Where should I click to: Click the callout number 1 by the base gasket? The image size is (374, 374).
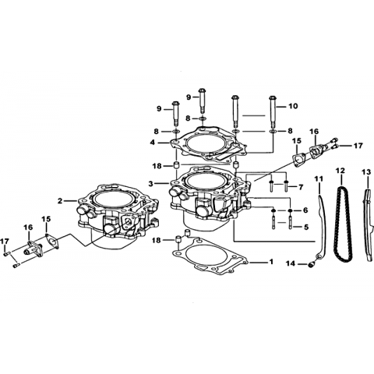(x=271, y=262)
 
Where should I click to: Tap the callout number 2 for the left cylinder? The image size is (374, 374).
(x=60, y=201)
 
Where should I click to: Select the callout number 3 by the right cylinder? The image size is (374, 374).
(x=151, y=184)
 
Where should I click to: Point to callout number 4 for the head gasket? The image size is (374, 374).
(x=153, y=143)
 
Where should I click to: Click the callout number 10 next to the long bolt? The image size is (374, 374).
(x=293, y=106)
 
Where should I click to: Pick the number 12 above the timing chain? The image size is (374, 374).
(x=340, y=171)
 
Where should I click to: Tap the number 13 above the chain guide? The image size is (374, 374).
(x=367, y=172)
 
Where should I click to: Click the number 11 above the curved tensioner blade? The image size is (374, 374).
(x=319, y=178)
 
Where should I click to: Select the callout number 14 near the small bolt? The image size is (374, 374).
(x=291, y=264)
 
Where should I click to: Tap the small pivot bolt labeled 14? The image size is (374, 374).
(x=311, y=265)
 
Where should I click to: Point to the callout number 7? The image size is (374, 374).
(x=301, y=187)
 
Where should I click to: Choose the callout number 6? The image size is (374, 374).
(x=305, y=210)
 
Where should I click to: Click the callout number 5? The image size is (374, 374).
(x=306, y=227)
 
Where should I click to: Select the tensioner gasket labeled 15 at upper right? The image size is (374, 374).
(x=297, y=161)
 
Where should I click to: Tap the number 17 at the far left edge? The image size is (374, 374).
(x=5, y=242)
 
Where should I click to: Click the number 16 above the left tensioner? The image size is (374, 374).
(x=28, y=228)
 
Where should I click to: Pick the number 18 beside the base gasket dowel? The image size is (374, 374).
(x=157, y=241)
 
